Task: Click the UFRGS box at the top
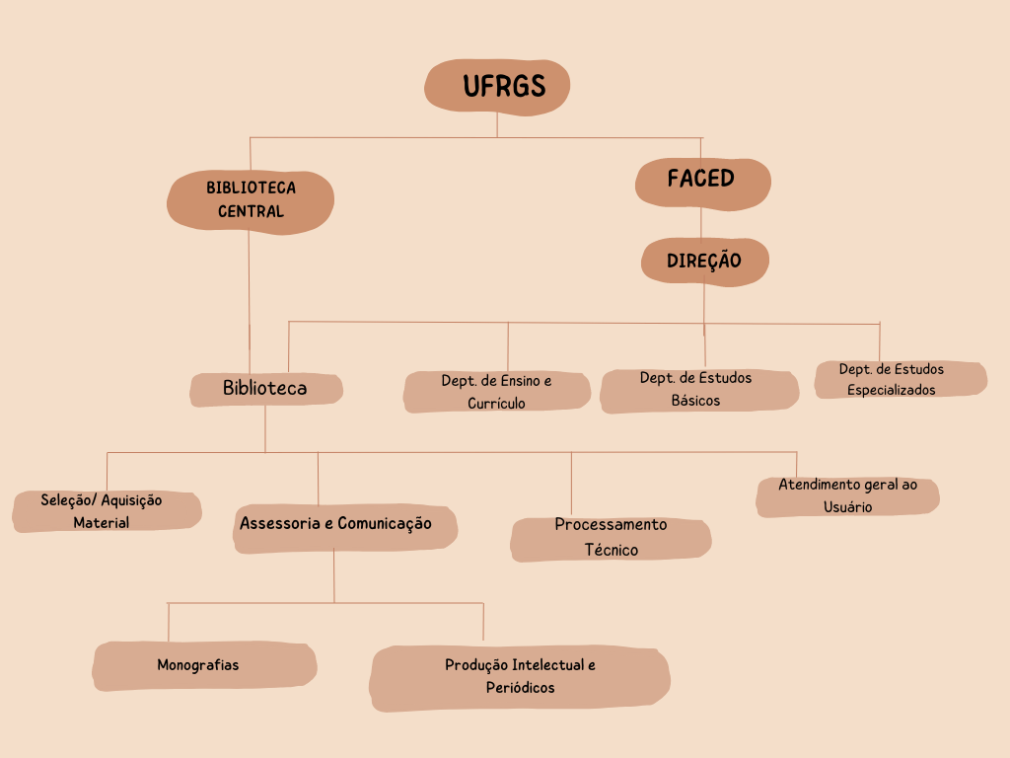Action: click(x=497, y=87)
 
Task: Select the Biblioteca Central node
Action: click(x=251, y=200)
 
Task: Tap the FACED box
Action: click(x=701, y=182)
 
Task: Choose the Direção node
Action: click(x=704, y=262)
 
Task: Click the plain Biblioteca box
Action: click(x=265, y=389)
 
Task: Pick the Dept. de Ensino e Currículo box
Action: click(x=496, y=392)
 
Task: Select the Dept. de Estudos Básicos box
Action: click(x=698, y=390)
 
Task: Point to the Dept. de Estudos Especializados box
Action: click(x=900, y=379)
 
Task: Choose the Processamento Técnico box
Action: click(x=611, y=538)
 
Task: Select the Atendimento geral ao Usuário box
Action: click(x=847, y=496)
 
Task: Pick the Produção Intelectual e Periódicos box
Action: click(x=520, y=677)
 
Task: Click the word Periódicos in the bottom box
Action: click(x=520, y=688)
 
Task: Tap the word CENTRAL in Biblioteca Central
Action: click(x=251, y=211)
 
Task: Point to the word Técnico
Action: click(x=612, y=550)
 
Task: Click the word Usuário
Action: click(x=847, y=507)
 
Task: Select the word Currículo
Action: click(x=496, y=404)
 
